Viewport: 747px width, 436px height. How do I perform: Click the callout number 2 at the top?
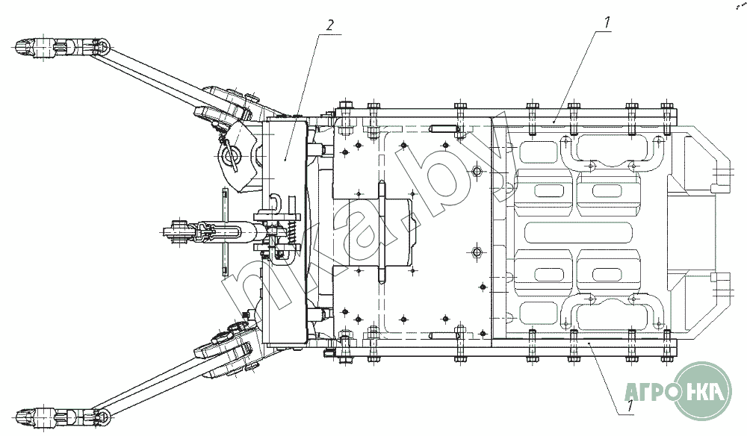coord(329,25)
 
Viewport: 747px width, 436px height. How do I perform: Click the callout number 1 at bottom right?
coord(630,405)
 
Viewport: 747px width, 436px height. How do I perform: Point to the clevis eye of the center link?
coord(174,231)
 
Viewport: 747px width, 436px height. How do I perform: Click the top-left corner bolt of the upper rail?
coord(344,106)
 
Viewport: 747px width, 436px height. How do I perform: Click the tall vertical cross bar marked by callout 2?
coord(285,231)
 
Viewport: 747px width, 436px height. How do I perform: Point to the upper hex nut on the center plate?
coord(477,170)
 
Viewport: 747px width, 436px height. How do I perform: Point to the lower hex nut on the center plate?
coord(477,252)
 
